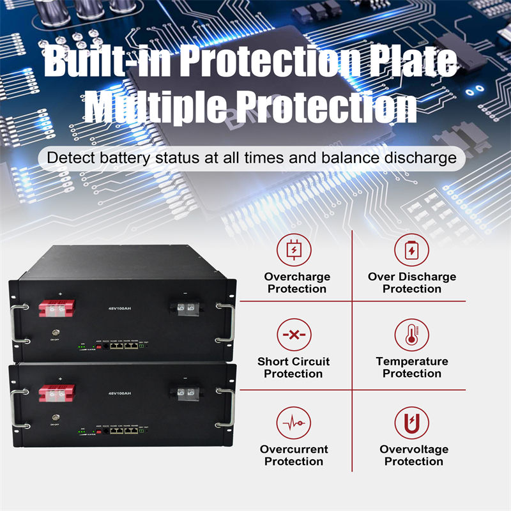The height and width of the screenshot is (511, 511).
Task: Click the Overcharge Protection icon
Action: pyautogui.click(x=293, y=250)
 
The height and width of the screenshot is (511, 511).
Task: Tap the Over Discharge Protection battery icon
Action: pyautogui.click(x=411, y=250)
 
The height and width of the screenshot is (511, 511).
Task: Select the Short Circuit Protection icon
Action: pyautogui.click(x=293, y=335)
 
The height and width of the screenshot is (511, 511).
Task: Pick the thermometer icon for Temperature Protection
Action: pyautogui.click(x=411, y=335)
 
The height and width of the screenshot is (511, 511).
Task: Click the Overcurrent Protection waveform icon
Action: pyautogui.click(x=293, y=423)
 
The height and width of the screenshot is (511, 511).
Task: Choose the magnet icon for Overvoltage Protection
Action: pyautogui.click(x=411, y=423)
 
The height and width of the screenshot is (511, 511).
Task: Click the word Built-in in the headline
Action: pyautogui.click(x=105, y=63)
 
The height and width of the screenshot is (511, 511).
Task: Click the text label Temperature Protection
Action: pyautogui.click(x=411, y=367)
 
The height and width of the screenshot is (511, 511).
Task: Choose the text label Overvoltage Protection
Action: pyautogui.click(x=413, y=455)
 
